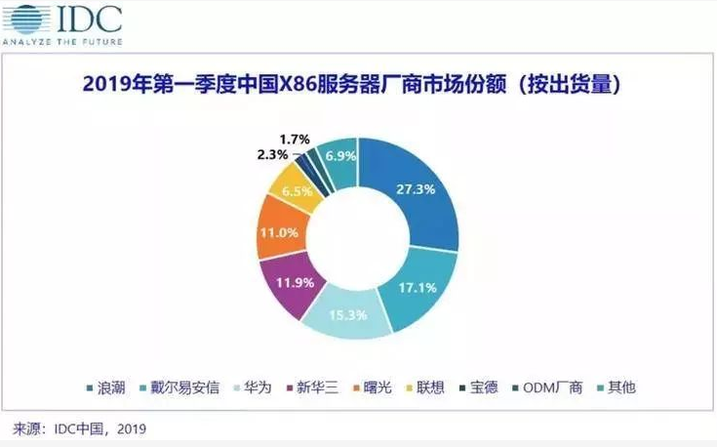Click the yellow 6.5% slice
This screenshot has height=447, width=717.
tap(298, 192)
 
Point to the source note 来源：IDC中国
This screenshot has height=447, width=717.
tap(83, 427)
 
